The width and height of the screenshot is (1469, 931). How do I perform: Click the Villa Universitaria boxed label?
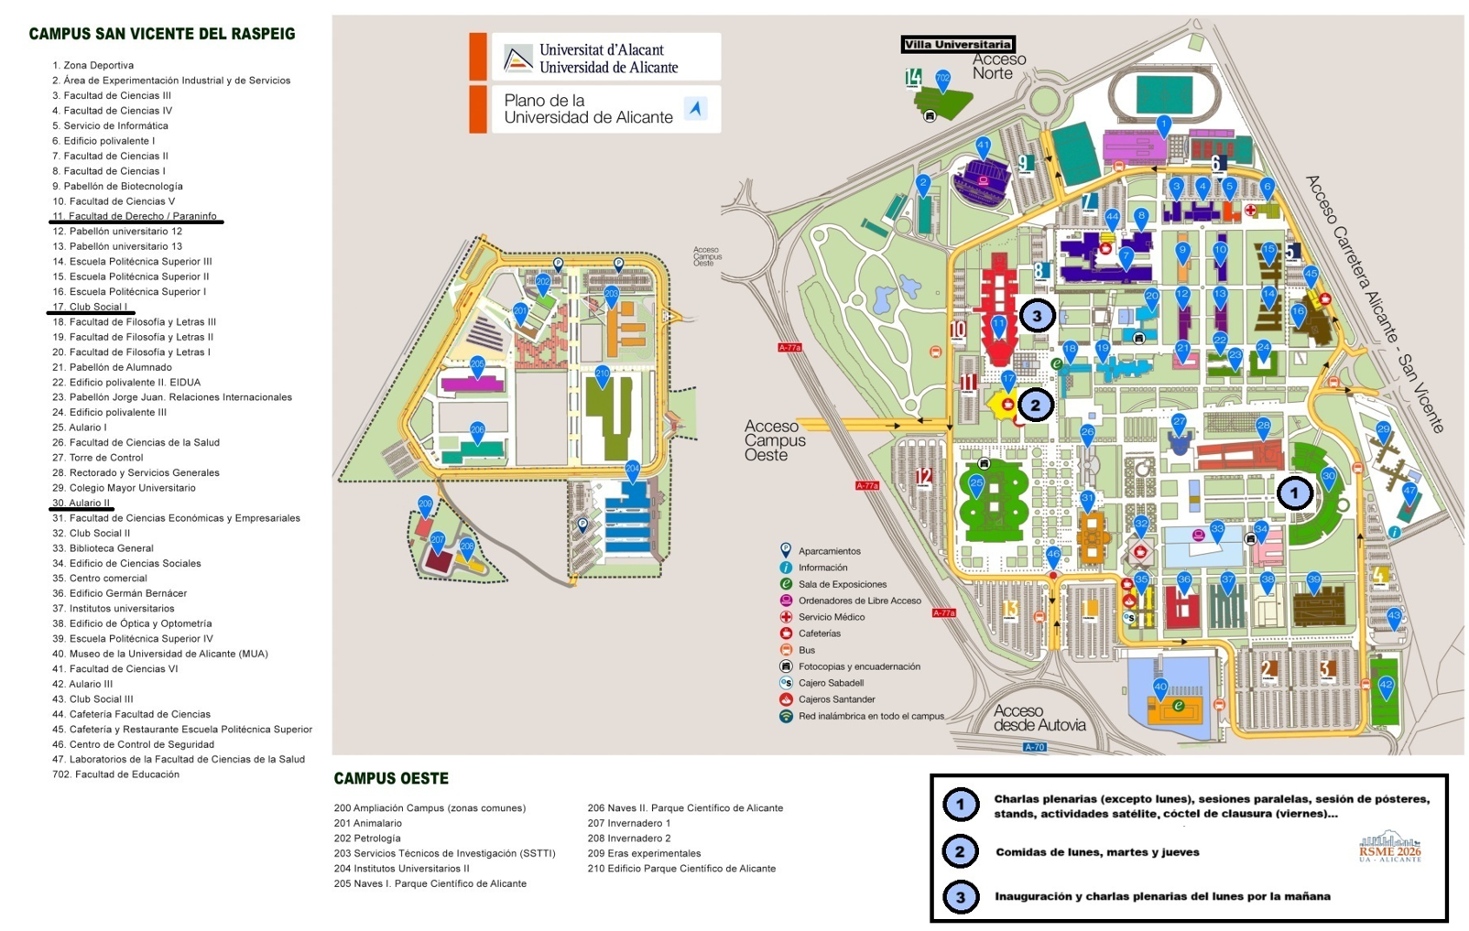(x=958, y=44)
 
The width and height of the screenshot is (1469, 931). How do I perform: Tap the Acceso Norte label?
(x=998, y=66)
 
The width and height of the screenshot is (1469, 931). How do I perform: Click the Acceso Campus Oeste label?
(x=774, y=440)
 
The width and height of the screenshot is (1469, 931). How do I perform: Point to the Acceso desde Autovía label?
(x=1039, y=718)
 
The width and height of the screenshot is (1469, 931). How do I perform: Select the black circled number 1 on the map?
(x=1294, y=493)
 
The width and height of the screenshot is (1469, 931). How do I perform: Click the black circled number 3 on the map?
(x=1037, y=316)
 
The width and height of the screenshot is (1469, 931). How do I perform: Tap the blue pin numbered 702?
(x=942, y=80)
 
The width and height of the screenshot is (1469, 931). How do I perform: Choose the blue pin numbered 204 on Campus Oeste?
(x=632, y=470)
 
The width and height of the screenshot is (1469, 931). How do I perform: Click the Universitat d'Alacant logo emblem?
(x=517, y=59)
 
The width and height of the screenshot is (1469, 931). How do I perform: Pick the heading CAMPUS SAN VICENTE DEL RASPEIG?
(x=162, y=34)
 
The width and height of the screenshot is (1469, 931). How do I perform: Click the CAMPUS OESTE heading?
(x=391, y=779)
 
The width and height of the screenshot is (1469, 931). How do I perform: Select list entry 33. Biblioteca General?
(x=103, y=548)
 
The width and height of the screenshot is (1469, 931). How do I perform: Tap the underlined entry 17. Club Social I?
(x=90, y=307)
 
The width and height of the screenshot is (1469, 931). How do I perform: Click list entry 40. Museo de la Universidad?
(x=160, y=654)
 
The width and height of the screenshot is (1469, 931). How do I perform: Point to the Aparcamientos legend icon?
(x=786, y=550)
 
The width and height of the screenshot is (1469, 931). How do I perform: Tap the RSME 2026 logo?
(x=1390, y=847)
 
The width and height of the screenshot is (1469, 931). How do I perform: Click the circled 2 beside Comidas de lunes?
(x=960, y=852)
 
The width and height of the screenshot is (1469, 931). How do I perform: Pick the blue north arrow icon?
(x=696, y=109)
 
